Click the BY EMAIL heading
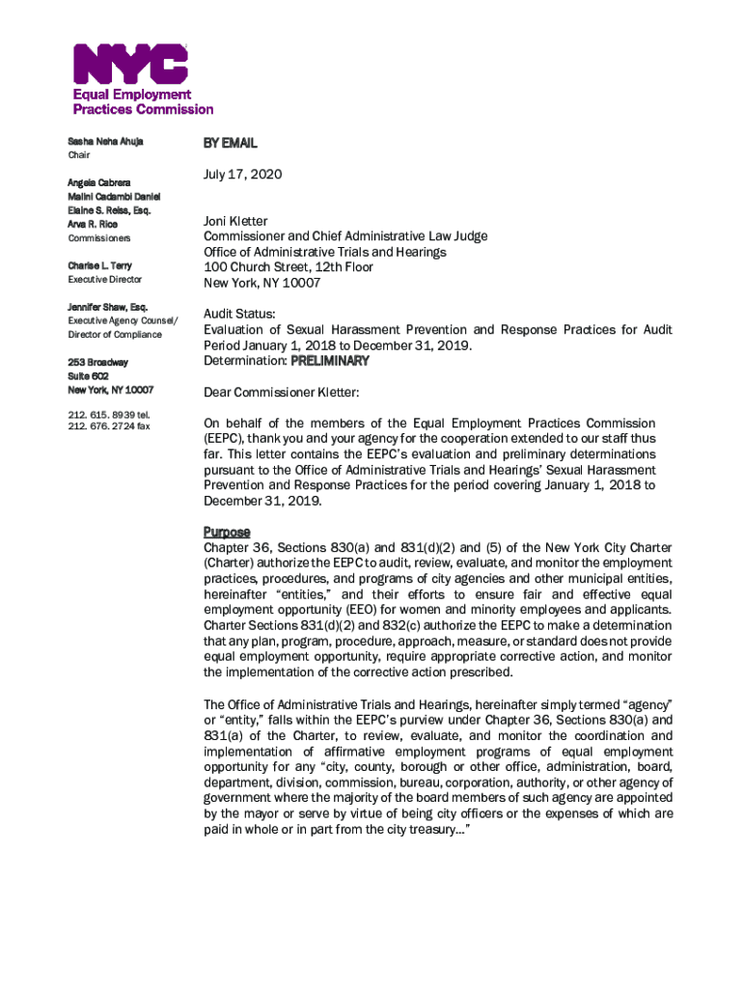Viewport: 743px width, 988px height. (x=230, y=143)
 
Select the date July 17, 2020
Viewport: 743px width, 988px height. (x=242, y=178)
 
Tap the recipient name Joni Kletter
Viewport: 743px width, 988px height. (x=235, y=222)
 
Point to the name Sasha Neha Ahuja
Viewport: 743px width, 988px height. (x=105, y=142)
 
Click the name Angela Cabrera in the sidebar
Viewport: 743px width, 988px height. (x=99, y=182)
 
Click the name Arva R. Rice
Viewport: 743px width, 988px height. (x=93, y=224)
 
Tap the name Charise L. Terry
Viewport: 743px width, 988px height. (x=99, y=265)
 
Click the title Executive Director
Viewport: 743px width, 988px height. (x=104, y=280)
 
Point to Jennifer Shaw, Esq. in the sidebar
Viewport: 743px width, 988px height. (x=107, y=307)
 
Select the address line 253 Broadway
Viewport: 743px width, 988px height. (x=96, y=363)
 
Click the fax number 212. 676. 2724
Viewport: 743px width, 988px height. (x=108, y=426)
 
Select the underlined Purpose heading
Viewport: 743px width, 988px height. (x=227, y=532)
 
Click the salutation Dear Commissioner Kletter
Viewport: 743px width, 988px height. (x=281, y=393)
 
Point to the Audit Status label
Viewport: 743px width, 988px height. (x=239, y=314)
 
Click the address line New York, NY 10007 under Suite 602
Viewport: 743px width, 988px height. (x=110, y=390)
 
